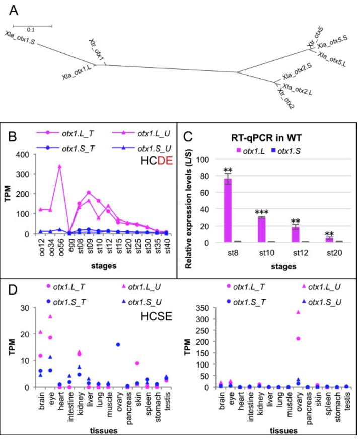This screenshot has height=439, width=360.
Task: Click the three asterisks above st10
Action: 261,212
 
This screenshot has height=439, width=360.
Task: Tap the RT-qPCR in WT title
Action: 267,137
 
